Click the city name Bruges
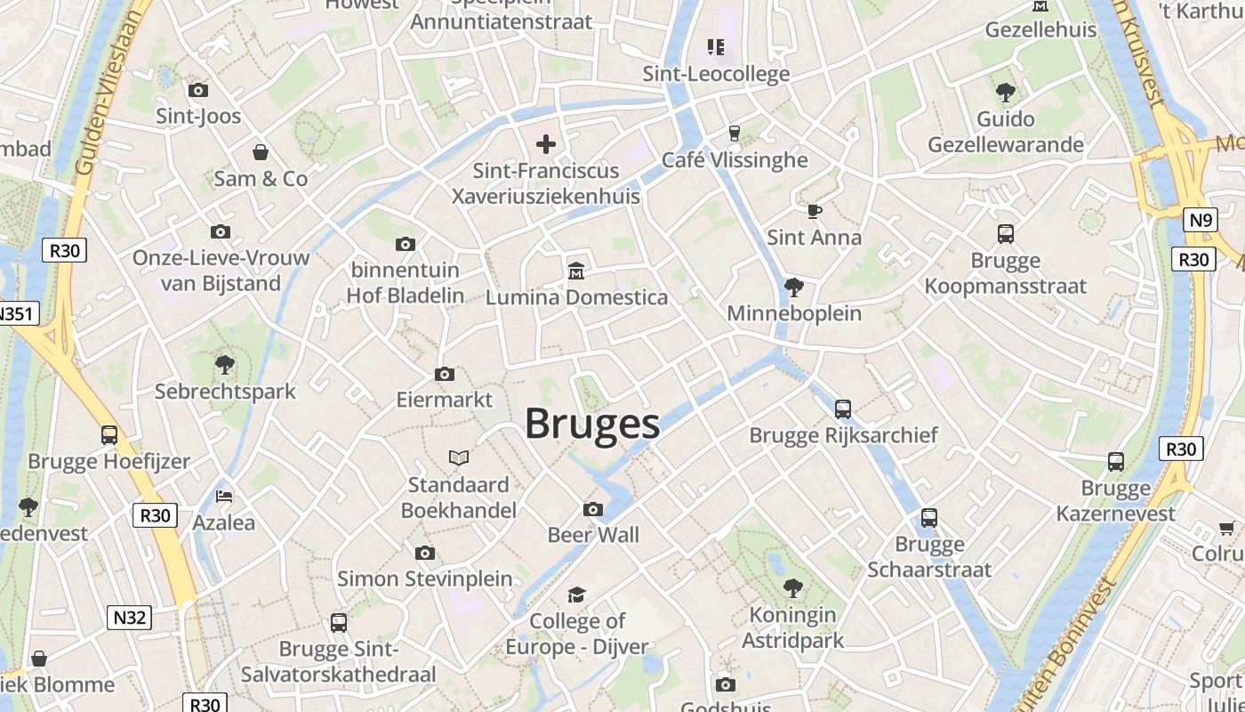click(592, 424)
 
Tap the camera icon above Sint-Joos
click(198, 90)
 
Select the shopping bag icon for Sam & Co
click(261, 152)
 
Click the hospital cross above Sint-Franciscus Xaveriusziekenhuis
click(546, 143)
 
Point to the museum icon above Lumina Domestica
click(576, 270)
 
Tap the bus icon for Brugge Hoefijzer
click(109, 435)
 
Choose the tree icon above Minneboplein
click(793, 287)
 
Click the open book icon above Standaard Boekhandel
click(459, 457)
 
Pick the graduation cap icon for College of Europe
click(577, 595)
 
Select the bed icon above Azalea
click(224, 496)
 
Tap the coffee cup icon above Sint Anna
click(814, 211)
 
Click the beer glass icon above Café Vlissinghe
click(735, 133)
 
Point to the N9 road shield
click(1201, 220)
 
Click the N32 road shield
click(129, 618)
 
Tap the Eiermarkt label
click(445, 400)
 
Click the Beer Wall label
click(593, 535)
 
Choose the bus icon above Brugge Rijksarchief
click(843, 409)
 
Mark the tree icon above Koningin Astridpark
click(792, 588)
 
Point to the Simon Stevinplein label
click(425, 578)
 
